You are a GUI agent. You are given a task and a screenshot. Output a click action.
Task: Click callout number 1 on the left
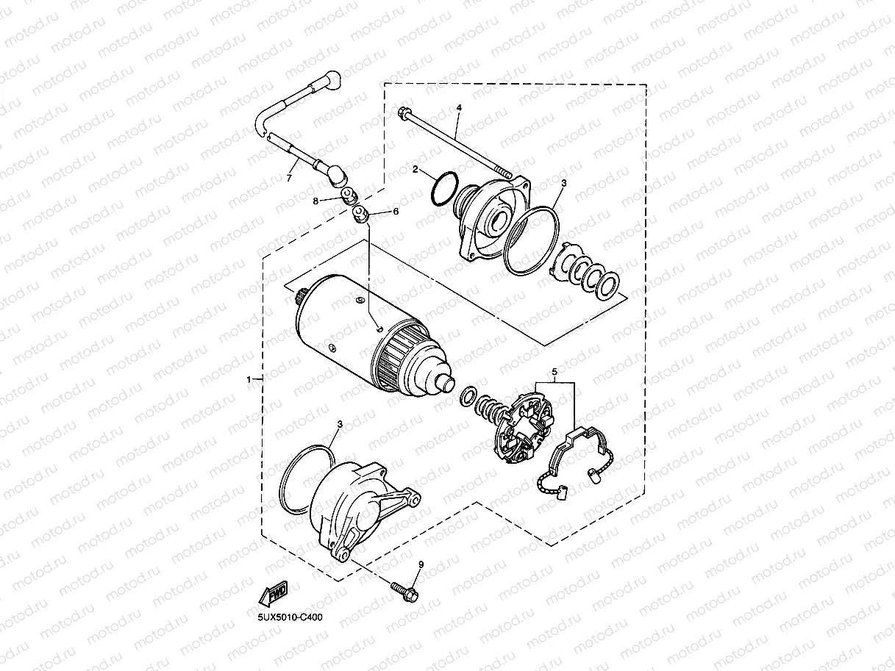click(x=249, y=379)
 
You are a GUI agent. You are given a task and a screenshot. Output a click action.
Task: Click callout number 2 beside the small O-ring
click(x=415, y=170)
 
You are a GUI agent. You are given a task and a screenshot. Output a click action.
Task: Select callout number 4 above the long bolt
click(x=459, y=108)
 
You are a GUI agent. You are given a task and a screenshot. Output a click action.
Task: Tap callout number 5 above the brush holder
click(x=555, y=371)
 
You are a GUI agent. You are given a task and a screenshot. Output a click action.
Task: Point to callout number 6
click(x=396, y=212)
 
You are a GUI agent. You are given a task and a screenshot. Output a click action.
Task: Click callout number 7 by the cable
click(x=289, y=177)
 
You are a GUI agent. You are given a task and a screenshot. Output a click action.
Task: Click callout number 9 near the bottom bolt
click(x=421, y=564)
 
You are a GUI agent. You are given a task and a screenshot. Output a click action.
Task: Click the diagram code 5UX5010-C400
click(x=290, y=617)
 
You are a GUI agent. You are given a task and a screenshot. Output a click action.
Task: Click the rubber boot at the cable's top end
click(x=330, y=78)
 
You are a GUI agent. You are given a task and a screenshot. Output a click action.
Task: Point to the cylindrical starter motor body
click(x=346, y=331)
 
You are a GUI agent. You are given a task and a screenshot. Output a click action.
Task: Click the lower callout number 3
click(x=340, y=424)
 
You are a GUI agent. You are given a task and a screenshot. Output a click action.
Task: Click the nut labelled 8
click(x=350, y=196)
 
